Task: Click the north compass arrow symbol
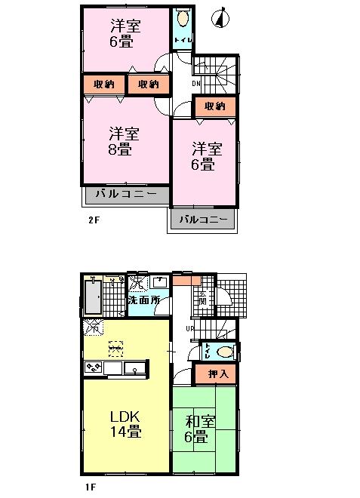click(220, 18)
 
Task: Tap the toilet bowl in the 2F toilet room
click(181, 19)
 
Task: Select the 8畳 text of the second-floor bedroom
click(121, 149)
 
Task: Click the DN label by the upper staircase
click(195, 84)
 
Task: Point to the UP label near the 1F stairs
click(192, 328)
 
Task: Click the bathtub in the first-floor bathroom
click(92, 298)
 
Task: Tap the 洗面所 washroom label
click(143, 300)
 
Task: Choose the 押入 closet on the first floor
click(215, 373)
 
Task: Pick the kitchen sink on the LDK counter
click(134, 368)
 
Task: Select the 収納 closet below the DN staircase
click(215, 106)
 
